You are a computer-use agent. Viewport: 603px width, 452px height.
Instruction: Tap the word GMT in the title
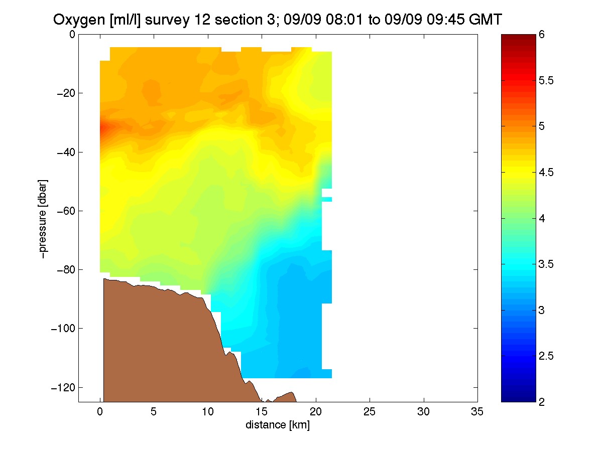486,20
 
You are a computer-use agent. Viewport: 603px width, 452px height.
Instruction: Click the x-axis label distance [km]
278,424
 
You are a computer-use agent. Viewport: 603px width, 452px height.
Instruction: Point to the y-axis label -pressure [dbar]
43,219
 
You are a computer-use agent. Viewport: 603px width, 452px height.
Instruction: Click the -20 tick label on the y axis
66,93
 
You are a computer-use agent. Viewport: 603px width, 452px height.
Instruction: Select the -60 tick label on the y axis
66,211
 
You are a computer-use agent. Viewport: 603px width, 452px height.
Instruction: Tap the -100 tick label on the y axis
63,328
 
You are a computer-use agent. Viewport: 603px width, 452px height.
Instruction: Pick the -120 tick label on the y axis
63,387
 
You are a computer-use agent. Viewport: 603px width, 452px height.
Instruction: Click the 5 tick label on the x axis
154,411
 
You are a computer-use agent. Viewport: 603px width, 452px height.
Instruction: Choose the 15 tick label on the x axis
262,411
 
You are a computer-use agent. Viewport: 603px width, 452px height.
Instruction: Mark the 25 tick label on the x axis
370,411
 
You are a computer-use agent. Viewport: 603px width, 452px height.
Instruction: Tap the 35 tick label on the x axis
477,411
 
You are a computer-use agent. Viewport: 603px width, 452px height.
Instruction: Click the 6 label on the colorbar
541,35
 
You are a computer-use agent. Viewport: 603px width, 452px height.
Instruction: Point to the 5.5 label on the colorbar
546,80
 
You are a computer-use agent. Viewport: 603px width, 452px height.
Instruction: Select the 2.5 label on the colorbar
546,356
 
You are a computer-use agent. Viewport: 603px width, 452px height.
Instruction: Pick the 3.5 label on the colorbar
546,264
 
